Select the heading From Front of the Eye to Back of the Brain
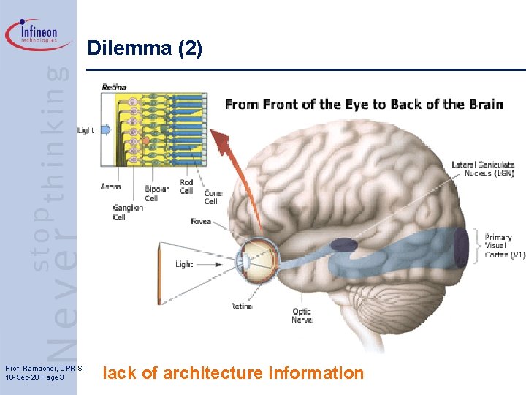pyautogui.click(x=364, y=104)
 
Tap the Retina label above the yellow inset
pyautogui.click(x=113, y=87)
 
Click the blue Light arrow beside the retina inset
pyautogui.click(x=105, y=130)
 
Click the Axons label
pyautogui.click(x=111, y=187)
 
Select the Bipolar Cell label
pyautogui.click(x=156, y=193)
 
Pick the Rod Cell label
pyautogui.click(x=186, y=186)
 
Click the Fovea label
pyautogui.click(x=200, y=221)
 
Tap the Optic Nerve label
pyautogui.click(x=302, y=315)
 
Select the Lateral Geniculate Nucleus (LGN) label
pyautogui.click(x=483, y=169)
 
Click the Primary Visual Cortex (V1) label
pyautogui.click(x=505, y=246)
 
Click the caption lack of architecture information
pyautogui.click(x=233, y=373)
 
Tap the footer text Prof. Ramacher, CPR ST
pyautogui.click(x=45, y=368)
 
